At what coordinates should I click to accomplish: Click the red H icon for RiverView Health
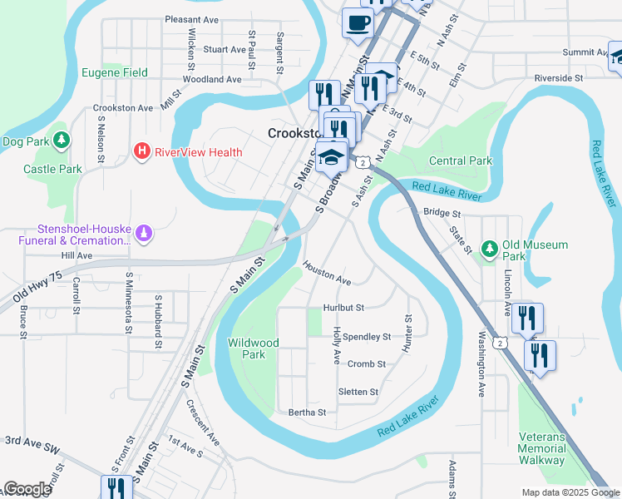tap(142, 151)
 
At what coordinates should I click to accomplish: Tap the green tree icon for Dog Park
tap(61, 141)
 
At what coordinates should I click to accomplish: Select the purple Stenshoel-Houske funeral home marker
tap(145, 235)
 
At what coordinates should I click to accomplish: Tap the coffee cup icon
tap(358, 23)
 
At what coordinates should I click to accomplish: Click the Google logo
tap(27, 489)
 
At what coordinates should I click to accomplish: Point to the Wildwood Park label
tap(253, 348)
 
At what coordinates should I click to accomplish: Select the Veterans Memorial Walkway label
tap(541, 448)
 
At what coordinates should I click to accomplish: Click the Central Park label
tap(460, 161)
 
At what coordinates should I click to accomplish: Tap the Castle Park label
tap(52, 169)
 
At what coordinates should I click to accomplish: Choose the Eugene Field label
tap(114, 72)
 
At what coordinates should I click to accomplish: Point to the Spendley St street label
tap(367, 337)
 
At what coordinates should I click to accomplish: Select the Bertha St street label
tap(307, 412)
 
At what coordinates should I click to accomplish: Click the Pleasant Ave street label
tap(191, 19)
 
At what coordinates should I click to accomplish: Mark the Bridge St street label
tap(441, 213)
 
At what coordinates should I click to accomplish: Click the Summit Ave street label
tap(584, 52)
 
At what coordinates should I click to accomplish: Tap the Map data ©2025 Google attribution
tap(570, 492)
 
